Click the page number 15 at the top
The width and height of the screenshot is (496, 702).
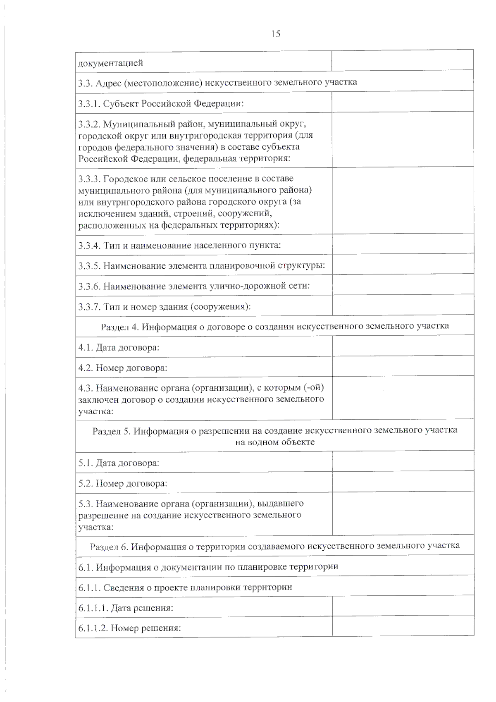(276, 34)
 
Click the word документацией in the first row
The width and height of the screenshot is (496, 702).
(111, 63)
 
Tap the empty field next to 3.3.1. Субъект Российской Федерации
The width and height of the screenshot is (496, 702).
(403, 102)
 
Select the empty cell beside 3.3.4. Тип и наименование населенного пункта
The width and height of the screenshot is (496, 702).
(403, 244)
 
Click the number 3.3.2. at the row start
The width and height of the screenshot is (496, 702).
(89, 124)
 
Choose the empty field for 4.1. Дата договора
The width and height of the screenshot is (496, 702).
(403, 346)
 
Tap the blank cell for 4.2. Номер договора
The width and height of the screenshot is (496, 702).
(403, 366)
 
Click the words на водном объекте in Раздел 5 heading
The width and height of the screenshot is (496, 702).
(275, 442)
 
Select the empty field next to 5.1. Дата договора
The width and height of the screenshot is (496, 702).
(403, 461)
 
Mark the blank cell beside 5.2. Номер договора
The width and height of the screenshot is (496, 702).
(403, 482)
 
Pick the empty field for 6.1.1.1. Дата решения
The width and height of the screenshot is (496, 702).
(403, 606)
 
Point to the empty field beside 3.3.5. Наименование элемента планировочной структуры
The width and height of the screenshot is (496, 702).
(403, 264)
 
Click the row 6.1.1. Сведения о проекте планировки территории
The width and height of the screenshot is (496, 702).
(185, 587)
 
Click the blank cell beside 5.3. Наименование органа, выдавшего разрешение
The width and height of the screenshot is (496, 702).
(403, 513)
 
